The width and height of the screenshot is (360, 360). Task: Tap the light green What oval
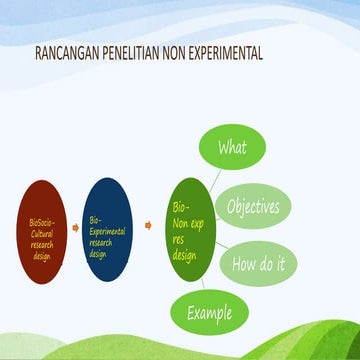(232, 148)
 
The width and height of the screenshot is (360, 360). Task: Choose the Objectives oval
(252, 207)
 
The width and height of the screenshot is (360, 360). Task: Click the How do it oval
(258, 265)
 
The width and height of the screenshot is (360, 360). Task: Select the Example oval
(209, 312)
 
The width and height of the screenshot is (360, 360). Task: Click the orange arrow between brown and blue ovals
(75, 226)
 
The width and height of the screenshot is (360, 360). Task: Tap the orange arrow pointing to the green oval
(148, 226)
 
